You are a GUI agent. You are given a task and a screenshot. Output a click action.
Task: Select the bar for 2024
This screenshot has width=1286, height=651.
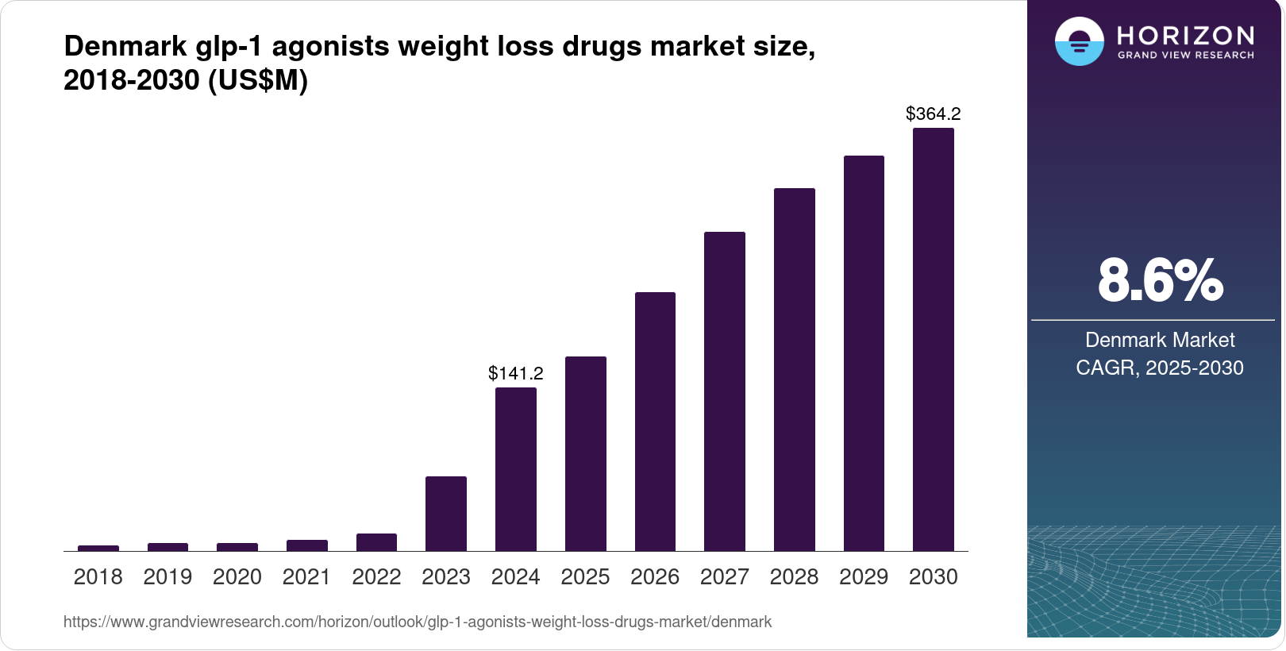tap(515, 469)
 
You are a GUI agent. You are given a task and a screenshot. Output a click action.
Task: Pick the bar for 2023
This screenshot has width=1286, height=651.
tap(445, 514)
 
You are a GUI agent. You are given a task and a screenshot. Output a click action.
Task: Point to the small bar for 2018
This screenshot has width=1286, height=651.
tap(98, 548)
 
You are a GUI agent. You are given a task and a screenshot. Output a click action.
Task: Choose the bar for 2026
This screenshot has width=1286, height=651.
tap(655, 422)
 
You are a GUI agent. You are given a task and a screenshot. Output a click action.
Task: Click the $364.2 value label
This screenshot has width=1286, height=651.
tap(933, 114)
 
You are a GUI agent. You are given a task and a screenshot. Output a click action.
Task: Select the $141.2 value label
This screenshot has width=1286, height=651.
tap(515, 373)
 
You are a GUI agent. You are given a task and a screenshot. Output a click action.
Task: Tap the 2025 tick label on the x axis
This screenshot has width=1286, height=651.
tap(585, 577)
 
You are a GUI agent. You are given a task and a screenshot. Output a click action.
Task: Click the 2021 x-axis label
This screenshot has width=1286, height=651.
tap(306, 577)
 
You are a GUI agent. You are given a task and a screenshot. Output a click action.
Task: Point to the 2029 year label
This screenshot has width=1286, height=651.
tap(864, 577)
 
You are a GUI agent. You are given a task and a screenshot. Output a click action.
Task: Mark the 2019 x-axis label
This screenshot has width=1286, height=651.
tap(167, 577)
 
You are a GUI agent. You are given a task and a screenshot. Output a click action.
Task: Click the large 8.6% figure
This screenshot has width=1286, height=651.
tap(1160, 280)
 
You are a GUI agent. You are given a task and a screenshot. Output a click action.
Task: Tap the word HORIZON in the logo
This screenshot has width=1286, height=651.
tap(1185, 36)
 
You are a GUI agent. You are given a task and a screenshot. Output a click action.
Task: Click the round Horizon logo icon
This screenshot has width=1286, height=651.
tap(1079, 41)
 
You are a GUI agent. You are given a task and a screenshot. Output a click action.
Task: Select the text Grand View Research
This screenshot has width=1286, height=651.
tap(1185, 56)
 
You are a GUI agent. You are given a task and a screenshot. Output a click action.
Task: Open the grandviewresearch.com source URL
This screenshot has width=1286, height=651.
tap(417, 622)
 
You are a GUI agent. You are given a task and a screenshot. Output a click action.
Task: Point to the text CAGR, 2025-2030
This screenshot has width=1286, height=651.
tap(1159, 368)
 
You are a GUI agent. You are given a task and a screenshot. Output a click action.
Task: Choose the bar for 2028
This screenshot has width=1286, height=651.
tap(794, 369)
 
